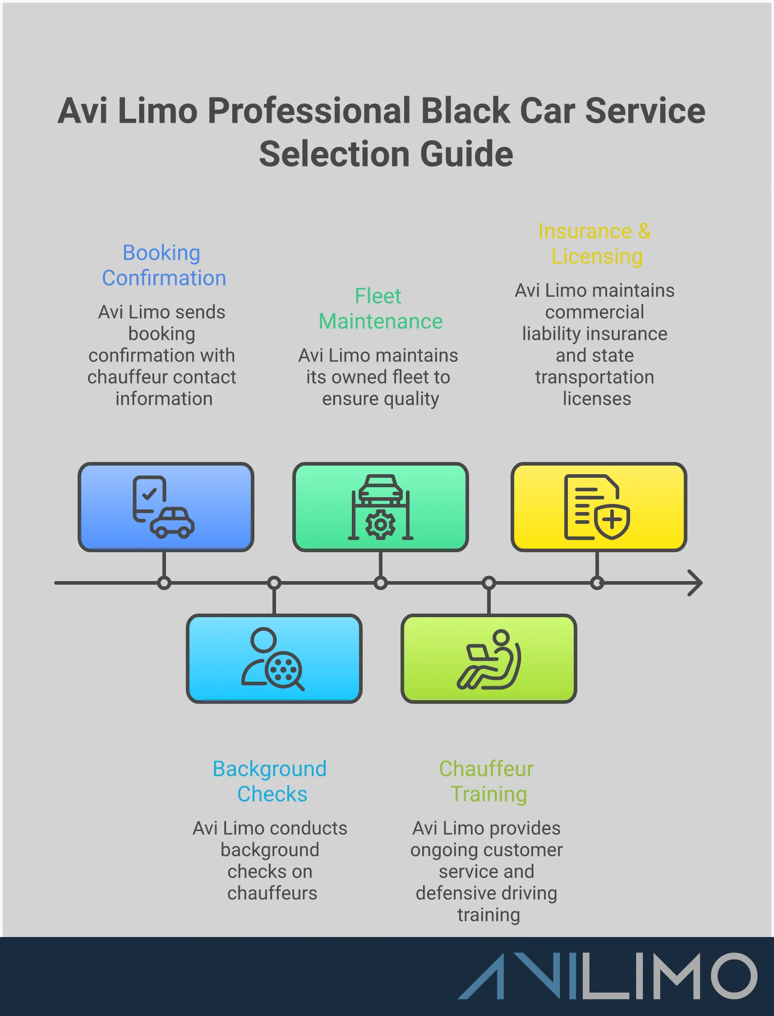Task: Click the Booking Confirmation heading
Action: pyautogui.click(x=164, y=265)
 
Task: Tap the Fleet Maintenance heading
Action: pyautogui.click(x=380, y=308)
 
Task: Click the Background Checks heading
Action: pyautogui.click(x=271, y=781)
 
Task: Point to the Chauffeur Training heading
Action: pyautogui.click(x=488, y=781)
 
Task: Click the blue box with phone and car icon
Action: pyautogui.click(x=166, y=507)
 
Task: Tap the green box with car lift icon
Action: pyautogui.click(x=381, y=507)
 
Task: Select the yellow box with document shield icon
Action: pyautogui.click(x=599, y=507)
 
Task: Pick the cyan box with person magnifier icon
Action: pyautogui.click(x=274, y=658)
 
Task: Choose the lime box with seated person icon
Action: pyautogui.click(x=489, y=658)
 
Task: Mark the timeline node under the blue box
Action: pyautogui.click(x=164, y=583)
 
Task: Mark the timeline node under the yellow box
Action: pyautogui.click(x=597, y=583)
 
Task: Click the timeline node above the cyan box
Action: pyautogui.click(x=274, y=583)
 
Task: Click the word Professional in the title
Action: pyautogui.click(x=309, y=111)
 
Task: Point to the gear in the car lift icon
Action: pyautogui.click(x=380, y=524)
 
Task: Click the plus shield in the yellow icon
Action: pyautogui.click(x=612, y=521)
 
